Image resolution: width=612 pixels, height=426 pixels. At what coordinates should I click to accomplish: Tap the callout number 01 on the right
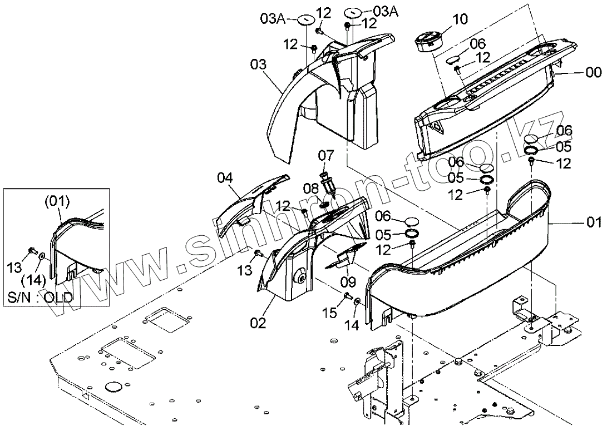594,223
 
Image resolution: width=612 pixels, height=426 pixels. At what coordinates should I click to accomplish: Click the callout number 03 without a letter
258,66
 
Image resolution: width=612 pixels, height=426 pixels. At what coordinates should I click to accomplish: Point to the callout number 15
330,313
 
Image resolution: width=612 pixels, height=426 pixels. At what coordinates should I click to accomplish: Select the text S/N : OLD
40,296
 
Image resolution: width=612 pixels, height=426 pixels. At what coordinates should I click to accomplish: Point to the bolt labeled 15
347,296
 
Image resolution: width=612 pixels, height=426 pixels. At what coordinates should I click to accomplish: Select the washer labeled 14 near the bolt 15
357,302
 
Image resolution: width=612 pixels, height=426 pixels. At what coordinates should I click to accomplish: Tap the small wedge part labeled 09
347,257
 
